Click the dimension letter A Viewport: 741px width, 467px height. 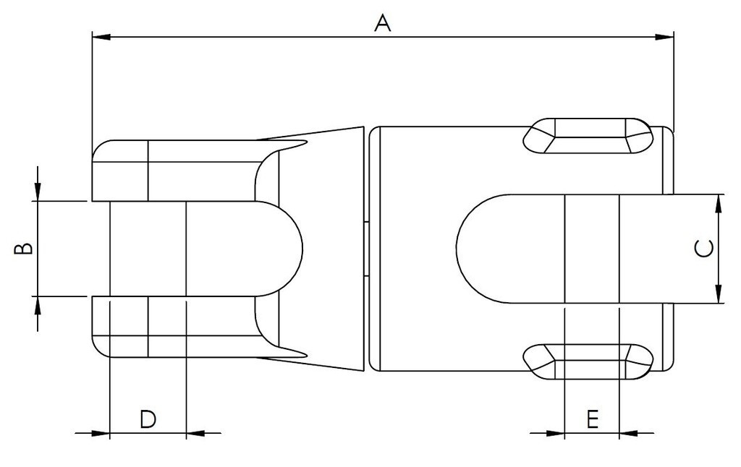[382, 22]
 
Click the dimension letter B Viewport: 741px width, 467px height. [24, 248]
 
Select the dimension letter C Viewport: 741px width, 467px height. [703, 249]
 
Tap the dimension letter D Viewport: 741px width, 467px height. [148, 419]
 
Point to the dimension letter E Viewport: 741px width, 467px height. [592, 419]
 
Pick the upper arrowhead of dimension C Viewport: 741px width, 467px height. [718, 203]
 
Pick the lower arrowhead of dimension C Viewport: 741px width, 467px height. [718, 294]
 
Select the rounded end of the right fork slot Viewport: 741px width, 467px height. [470, 248]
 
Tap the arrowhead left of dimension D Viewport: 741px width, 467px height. [101, 434]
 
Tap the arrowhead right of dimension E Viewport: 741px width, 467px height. [628, 434]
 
